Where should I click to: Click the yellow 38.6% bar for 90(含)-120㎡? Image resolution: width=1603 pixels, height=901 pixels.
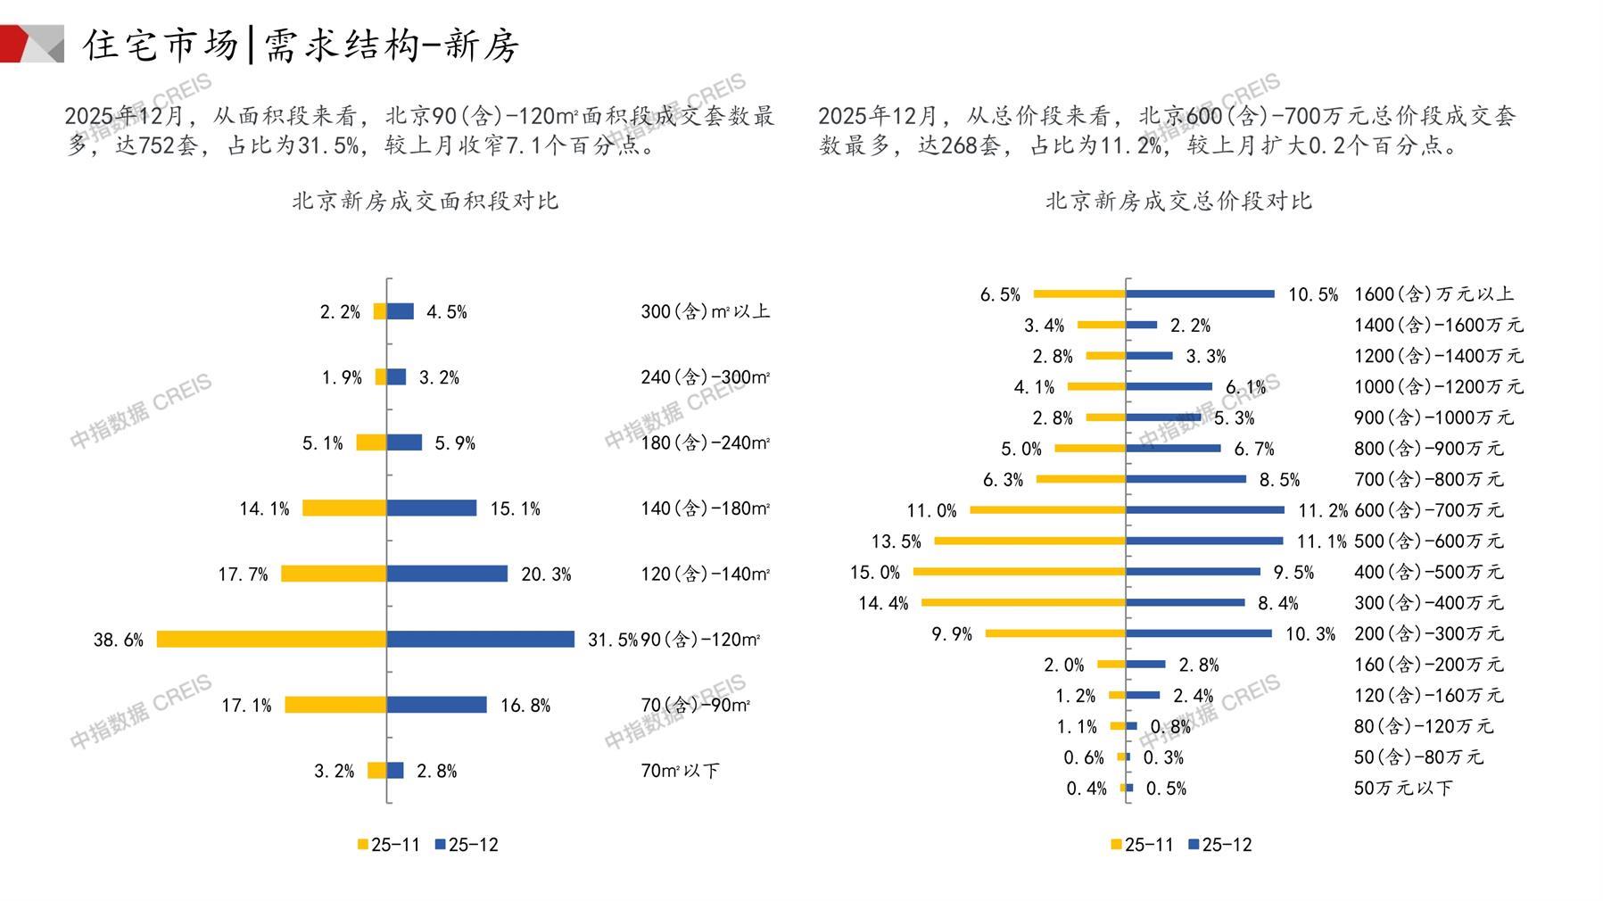pos(271,639)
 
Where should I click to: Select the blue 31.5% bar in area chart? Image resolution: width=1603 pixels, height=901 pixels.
pos(481,639)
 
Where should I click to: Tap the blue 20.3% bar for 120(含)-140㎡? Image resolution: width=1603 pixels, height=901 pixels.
pos(447,574)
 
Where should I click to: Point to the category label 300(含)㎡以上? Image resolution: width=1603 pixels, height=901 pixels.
pos(705,311)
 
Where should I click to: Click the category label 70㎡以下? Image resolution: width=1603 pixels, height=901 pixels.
pos(680,771)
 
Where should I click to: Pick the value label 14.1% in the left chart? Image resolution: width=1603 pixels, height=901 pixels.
pos(264,508)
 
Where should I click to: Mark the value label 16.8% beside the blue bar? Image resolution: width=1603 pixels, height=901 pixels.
pos(525,706)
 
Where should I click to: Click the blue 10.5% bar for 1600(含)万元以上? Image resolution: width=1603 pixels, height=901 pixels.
pos(1200,293)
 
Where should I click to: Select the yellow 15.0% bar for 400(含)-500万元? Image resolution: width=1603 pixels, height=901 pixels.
pos(1020,572)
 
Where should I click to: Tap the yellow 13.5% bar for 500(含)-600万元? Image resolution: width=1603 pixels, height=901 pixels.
pos(1030,541)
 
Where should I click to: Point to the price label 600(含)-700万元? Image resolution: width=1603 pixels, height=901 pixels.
pos(1428,510)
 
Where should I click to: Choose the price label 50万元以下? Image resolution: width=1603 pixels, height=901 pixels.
pos(1403,789)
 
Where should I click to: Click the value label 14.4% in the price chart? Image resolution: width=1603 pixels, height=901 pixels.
pos(883,604)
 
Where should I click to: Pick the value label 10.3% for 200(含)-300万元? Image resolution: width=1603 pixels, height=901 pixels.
pos(1310,634)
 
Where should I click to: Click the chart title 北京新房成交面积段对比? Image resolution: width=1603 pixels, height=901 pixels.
pos(425,201)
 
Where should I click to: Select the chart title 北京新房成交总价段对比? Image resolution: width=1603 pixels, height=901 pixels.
pos(1178,201)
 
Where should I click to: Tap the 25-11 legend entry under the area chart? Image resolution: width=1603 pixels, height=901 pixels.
pos(389,845)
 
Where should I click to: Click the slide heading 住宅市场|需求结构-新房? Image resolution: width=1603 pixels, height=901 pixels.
pos(301,45)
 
